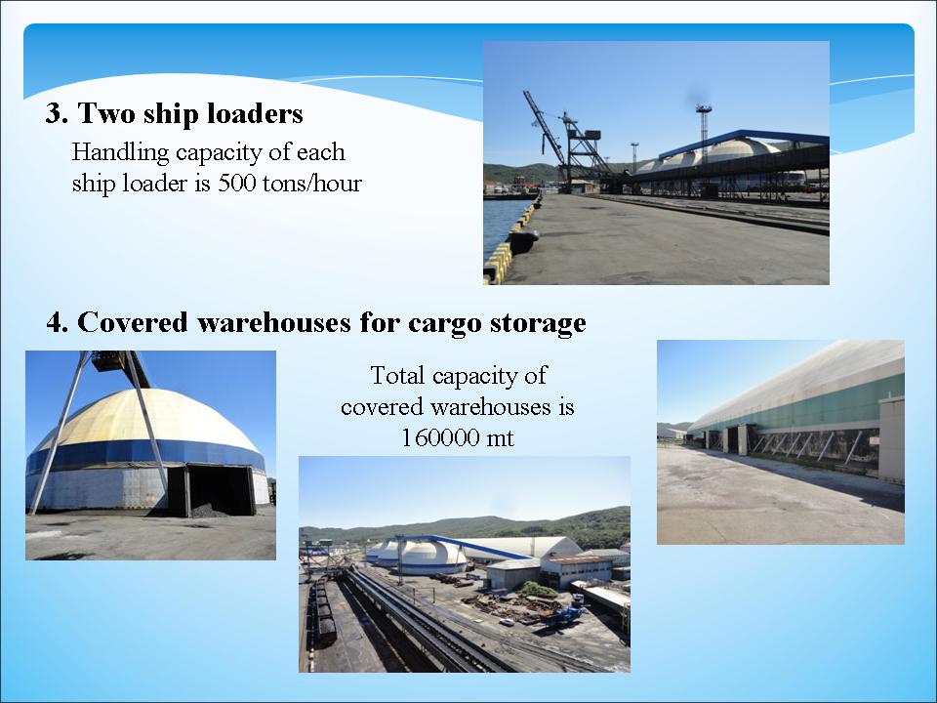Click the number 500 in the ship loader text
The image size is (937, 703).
click(x=236, y=183)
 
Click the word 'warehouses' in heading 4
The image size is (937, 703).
click(x=273, y=322)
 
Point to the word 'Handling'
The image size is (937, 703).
click(x=120, y=153)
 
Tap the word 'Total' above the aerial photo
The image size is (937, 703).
click(x=398, y=375)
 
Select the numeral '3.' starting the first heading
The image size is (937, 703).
click(x=57, y=113)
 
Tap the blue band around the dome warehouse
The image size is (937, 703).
click(x=143, y=454)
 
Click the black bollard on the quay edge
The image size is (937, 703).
click(x=523, y=241)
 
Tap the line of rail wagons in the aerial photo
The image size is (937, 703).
click(x=323, y=609)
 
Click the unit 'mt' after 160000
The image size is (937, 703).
click(x=500, y=439)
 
